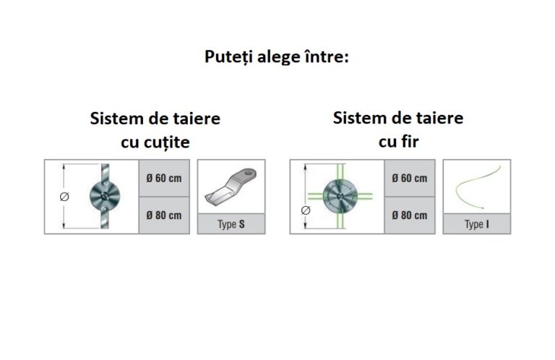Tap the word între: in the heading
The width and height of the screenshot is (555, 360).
(x=327, y=56)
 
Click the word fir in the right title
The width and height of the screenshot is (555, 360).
(x=410, y=142)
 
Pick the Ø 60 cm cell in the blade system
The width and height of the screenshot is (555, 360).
(x=164, y=178)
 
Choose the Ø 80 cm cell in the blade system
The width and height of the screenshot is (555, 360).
(x=164, y=215)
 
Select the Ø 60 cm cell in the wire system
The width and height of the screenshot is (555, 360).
(x=410, y=178)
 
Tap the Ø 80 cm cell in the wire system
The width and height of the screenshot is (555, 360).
(x=410, y=215)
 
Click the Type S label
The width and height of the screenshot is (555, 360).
(x=231, y=224)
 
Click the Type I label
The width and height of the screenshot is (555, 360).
(x=477, y=224)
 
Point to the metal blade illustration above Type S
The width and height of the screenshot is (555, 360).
(x=231, y=187)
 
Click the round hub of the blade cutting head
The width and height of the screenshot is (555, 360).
(x=105, y=196)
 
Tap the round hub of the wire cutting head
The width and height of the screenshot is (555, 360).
(x=340, y=196)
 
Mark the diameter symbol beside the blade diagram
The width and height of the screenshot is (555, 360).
(x=64, y=197)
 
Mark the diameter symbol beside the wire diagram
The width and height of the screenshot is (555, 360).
(x=306, y=210)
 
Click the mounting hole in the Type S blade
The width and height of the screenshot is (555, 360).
(x=250, y=173)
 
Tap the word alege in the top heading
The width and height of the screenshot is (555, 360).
(x=278, y=57)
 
